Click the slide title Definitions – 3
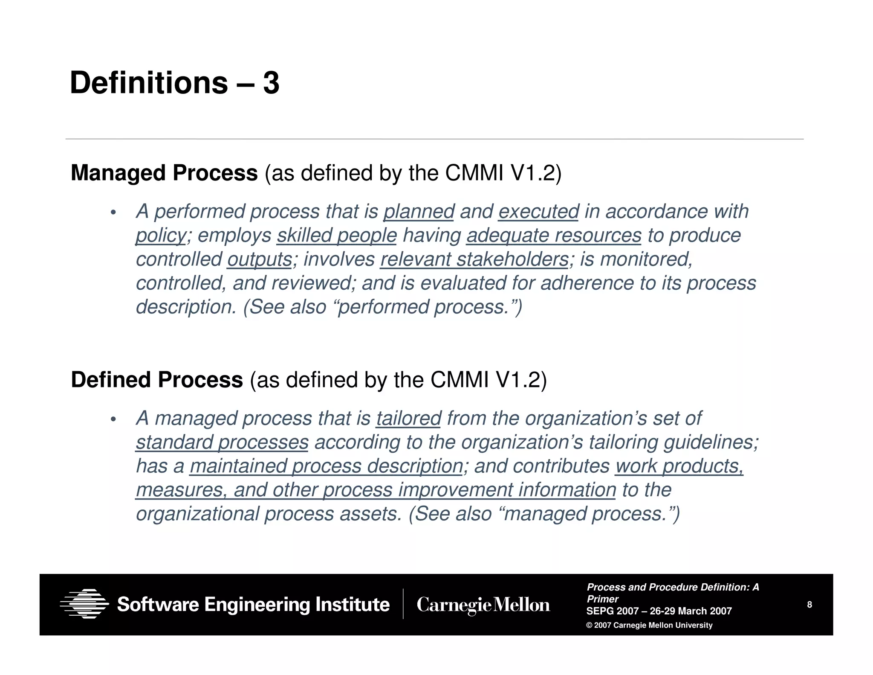click(174, 83)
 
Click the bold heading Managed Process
click(164, 173)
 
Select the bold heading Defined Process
click(157, 380)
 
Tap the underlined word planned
click(419, 212)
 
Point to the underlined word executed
click(538, 212)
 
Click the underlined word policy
click(161, 236)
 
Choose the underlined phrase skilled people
click(337, 236)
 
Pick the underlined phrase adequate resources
click(554, 236)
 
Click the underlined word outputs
click(260, 259)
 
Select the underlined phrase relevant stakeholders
click(474, 259)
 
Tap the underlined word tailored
click(408, 419)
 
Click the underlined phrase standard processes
click(222, 442)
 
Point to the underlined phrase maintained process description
click(326, 466)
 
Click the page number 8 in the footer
click(809, 605)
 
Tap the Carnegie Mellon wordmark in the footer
click(483, 605)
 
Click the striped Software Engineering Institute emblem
click(84, 604)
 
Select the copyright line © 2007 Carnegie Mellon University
click(649, 626)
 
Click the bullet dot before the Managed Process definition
click(113, 212)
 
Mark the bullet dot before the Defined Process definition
click(113, 419)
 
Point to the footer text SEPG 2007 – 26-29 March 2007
click(659, 611)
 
